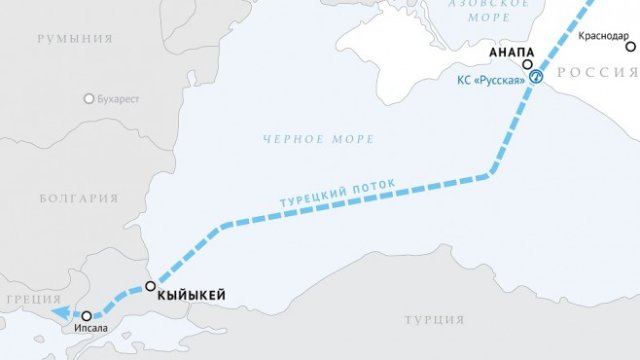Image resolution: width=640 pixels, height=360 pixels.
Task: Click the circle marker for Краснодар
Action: click(630, 47)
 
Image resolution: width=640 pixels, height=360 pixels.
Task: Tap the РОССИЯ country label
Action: click(597, 73)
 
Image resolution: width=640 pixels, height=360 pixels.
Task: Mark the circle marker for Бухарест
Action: click(90, 99)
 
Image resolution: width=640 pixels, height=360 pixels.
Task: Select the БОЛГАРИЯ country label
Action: click(78, 198)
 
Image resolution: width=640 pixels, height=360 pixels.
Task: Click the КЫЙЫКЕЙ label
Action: click(193, 294)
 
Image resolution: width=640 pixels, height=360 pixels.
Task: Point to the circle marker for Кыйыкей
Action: click(150, 287)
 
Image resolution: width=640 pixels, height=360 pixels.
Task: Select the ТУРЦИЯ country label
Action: click(436, 319)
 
